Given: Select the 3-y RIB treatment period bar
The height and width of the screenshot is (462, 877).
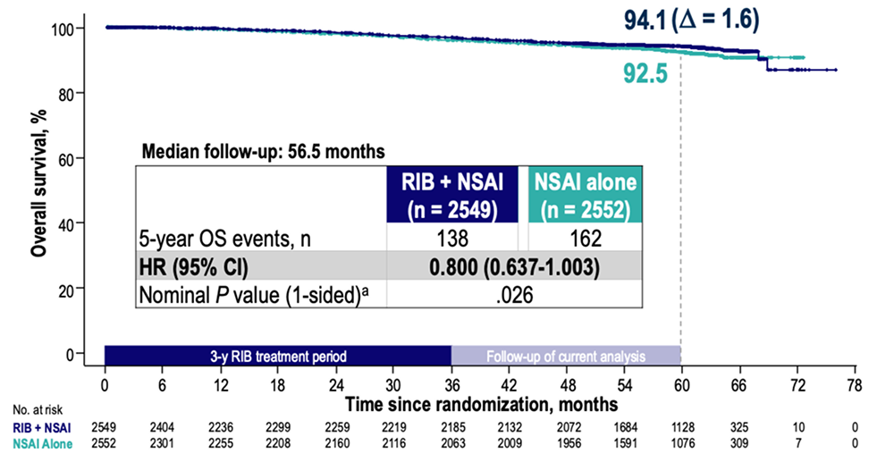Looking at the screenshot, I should (277, 356).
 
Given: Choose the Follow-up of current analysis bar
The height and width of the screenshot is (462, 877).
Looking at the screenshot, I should (566, 356).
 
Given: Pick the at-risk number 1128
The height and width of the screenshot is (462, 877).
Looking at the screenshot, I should (680, 427).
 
